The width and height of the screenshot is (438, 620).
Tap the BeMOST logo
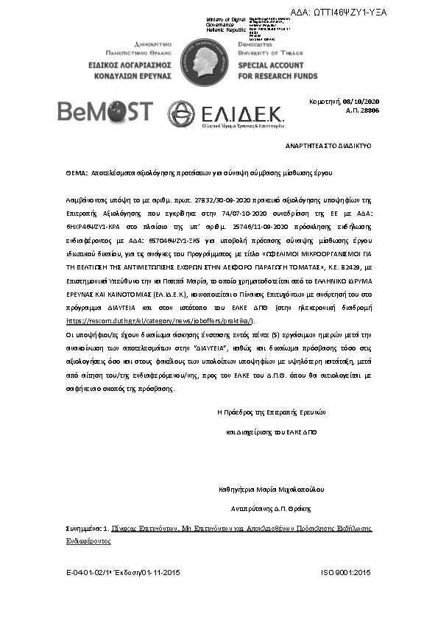tap(106, 112)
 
